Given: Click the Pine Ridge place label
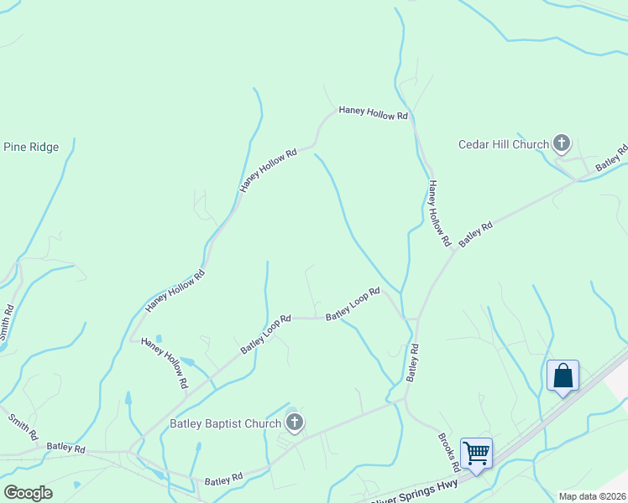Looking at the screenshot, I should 31,148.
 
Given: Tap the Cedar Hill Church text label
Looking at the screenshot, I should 503,144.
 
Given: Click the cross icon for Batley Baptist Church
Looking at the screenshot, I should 294,423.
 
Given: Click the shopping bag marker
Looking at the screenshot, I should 563,376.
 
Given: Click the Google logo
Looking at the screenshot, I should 28,492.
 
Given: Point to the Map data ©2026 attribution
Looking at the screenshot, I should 591,496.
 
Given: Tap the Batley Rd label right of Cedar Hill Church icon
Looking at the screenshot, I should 611,159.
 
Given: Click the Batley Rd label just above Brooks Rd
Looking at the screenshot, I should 412,362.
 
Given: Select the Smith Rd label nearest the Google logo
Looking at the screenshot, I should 23,427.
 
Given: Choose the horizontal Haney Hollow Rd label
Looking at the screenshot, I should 373,112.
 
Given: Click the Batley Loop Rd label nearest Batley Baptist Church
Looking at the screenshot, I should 265,334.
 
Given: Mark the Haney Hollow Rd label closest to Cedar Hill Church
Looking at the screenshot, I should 439,213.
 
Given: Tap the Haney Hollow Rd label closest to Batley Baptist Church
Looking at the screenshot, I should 164,362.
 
